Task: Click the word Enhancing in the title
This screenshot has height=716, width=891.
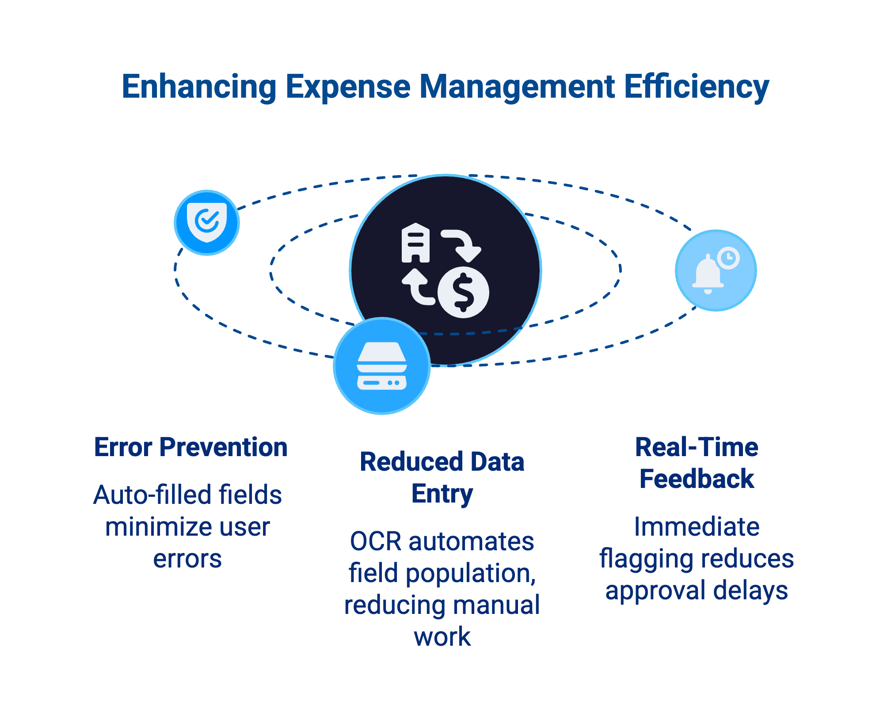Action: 199,87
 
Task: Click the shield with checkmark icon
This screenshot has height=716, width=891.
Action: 207,222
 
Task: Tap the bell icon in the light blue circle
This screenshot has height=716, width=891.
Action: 708,274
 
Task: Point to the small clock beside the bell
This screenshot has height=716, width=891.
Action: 728,258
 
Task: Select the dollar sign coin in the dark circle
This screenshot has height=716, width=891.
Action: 463,292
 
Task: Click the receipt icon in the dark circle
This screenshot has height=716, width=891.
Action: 415,243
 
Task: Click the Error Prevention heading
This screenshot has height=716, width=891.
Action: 191,447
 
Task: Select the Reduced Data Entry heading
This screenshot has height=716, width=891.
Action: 442,478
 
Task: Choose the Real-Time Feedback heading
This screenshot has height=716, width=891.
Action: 697,463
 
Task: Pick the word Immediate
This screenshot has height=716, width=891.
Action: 697,527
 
